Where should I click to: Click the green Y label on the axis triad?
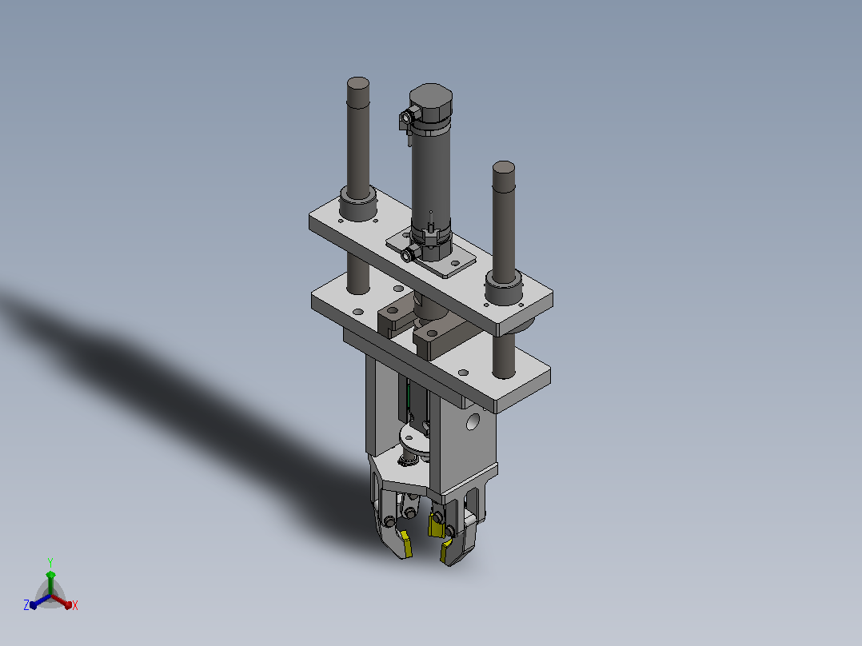tap(50, 562)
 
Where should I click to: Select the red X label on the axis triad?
tap(75, 605)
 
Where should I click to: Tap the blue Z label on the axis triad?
tap(26, 604)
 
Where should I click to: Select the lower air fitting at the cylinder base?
tap(409, 254)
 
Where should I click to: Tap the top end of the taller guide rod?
tap(358, 84)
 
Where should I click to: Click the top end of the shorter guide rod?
tap(504, 168)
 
